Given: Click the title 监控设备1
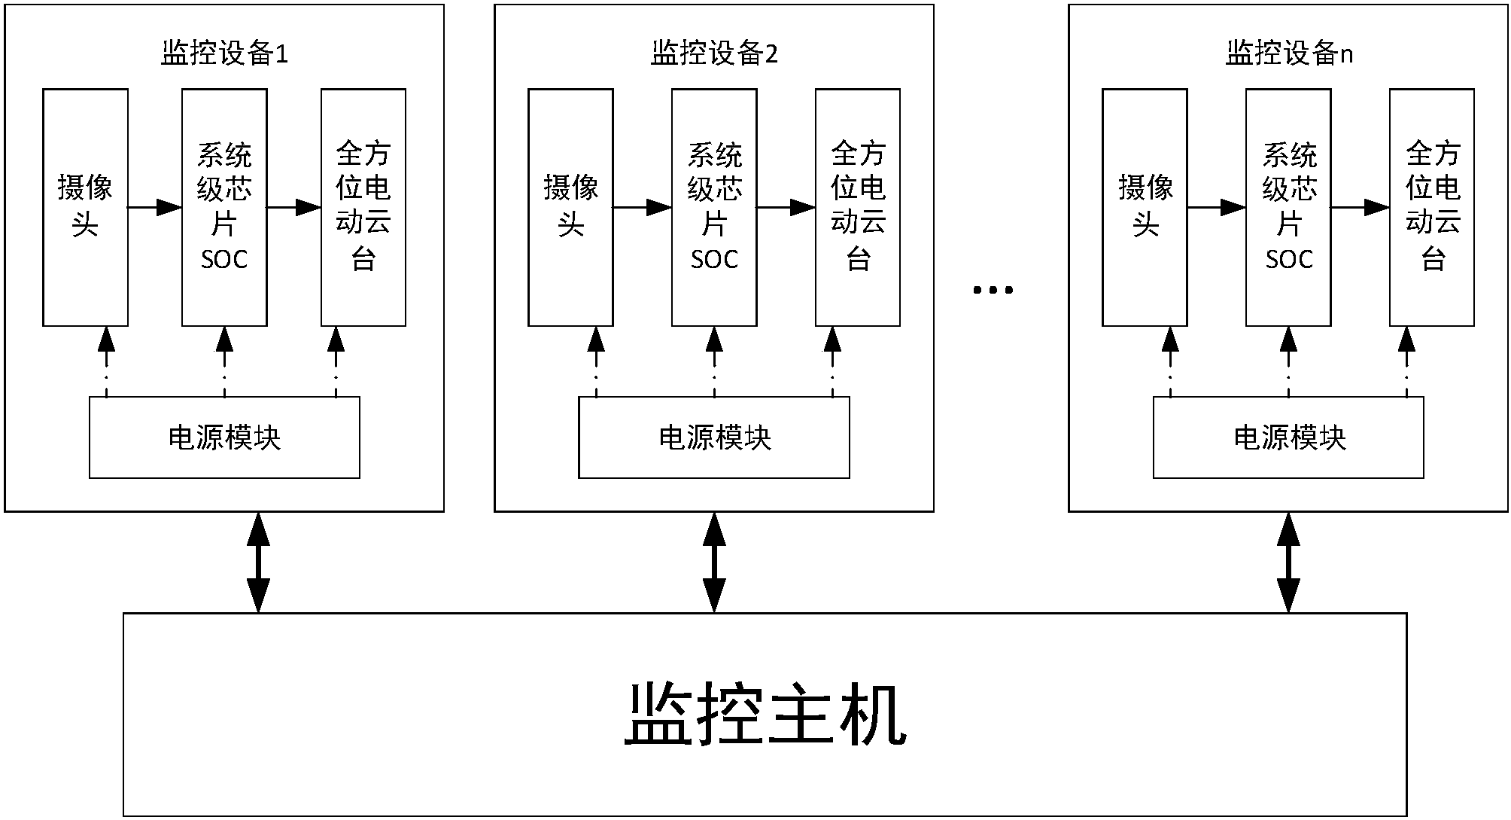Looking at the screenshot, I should point(224,54).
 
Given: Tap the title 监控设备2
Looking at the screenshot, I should point(714,54).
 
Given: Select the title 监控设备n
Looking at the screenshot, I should point(1288,54).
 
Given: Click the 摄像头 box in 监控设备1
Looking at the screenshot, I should point(85,207).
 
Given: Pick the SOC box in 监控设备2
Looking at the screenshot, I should point(714,207).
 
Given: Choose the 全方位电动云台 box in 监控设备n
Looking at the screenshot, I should point(1431,207).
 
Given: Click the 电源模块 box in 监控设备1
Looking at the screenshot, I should point(224,437).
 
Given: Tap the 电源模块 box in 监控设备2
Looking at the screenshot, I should point(714,437).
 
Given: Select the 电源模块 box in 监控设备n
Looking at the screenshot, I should point(1288,437).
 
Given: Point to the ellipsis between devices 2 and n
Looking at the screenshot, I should point(993,289).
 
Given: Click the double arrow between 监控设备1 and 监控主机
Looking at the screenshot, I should point(258,562).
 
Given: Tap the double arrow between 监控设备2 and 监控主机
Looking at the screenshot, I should point(714,562).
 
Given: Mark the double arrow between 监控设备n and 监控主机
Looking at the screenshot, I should point(1288,562).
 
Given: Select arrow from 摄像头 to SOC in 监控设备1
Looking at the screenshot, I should point(155,207).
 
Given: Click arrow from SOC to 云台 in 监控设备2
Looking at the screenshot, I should point(786,207).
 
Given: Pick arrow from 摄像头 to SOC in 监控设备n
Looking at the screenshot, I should point(1216,207).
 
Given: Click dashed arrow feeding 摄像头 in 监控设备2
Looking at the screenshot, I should point(596,361).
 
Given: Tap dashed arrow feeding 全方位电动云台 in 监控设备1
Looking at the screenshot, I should point(336,361).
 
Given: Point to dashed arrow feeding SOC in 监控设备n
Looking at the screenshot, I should point(1288,361).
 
